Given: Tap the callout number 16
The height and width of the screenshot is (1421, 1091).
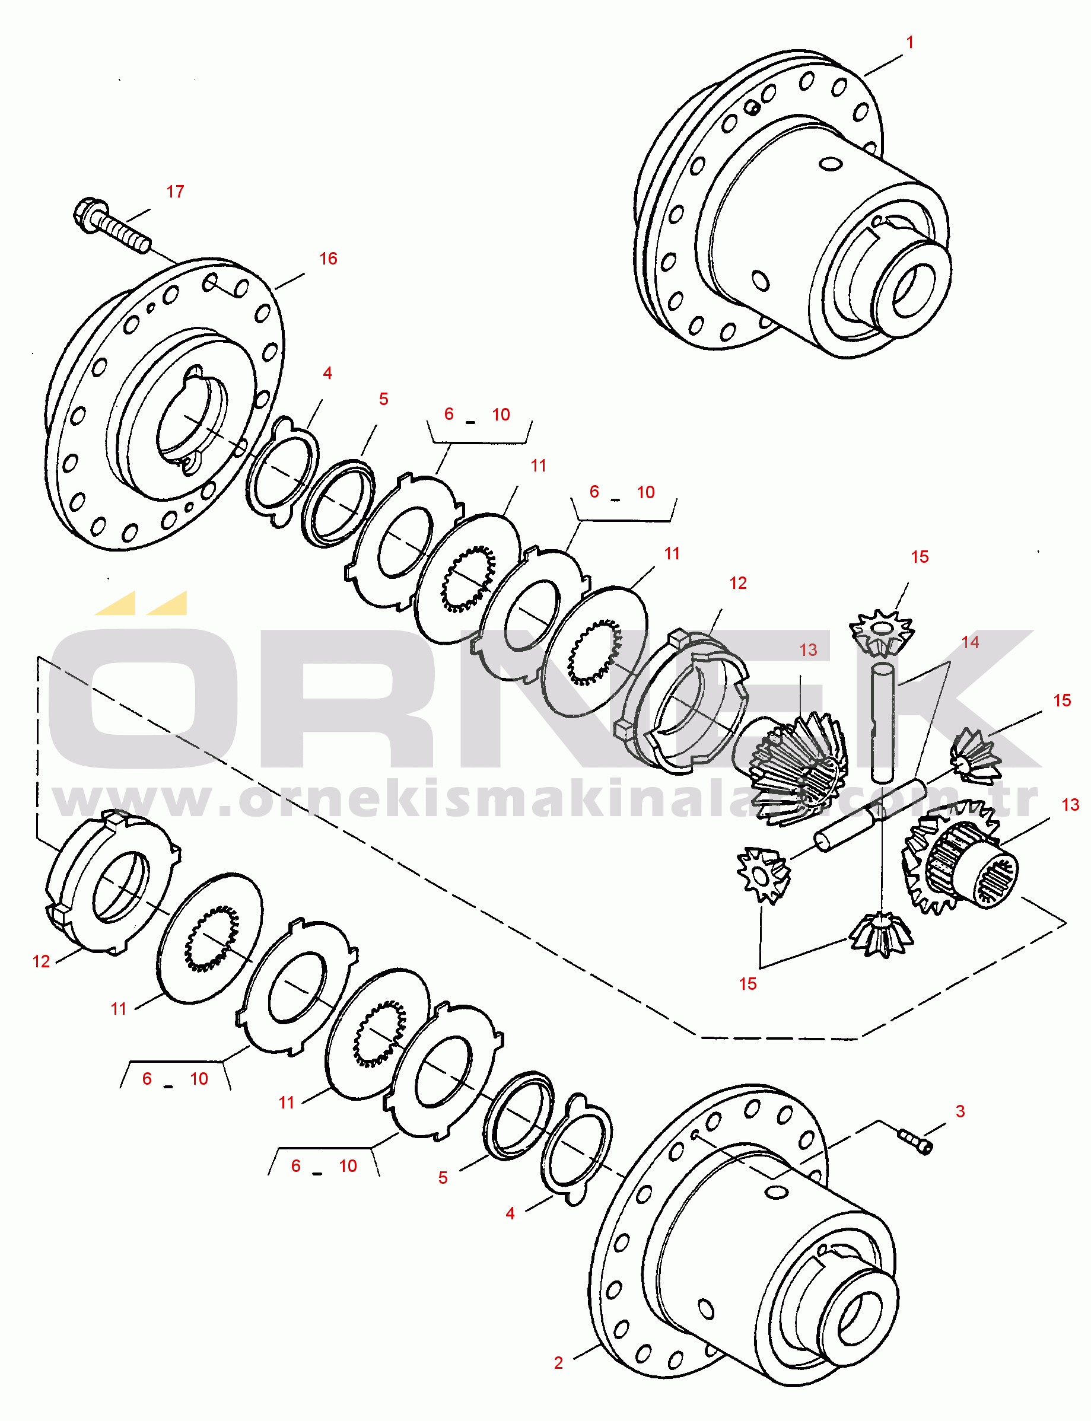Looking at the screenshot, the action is point(328,259).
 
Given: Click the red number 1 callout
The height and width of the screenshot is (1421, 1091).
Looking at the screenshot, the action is point(910,42).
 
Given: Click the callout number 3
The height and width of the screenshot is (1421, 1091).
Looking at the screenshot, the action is point(960,1111).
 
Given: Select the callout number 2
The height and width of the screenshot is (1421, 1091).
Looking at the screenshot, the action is point(558,1362).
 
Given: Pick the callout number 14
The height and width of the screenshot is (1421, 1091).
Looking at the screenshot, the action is point(969,642).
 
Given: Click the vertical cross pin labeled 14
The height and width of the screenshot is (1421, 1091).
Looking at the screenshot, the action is point(883,722).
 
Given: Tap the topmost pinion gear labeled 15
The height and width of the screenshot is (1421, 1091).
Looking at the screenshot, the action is point(881,633).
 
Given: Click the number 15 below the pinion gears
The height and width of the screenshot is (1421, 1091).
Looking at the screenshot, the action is point(748,983).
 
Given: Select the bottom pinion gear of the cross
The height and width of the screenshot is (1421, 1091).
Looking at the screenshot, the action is point(881,933).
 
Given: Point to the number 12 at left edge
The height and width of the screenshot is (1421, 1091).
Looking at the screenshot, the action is point(41,961).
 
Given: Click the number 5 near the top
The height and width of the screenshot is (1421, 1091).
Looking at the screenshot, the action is point(383,399).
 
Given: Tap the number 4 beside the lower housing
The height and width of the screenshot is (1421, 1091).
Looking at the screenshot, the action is point(510,1213).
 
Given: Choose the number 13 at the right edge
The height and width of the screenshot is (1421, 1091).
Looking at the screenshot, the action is point(1070,805).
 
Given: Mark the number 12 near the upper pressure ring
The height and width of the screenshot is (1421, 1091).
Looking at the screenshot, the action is point(738,583).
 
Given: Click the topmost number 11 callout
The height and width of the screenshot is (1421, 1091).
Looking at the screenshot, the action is point(538,466).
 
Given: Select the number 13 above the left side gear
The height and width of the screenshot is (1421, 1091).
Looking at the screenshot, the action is point(808,650).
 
